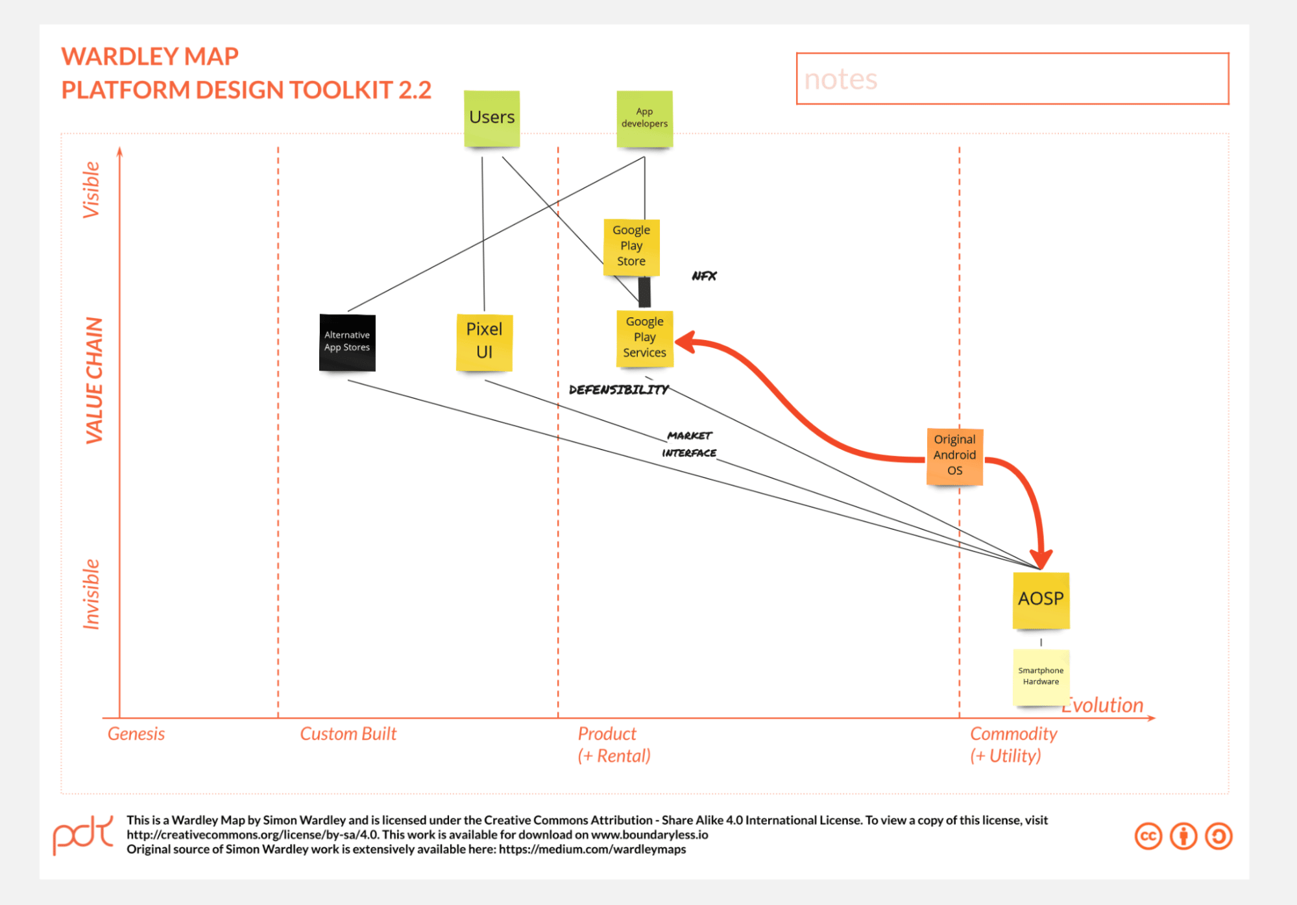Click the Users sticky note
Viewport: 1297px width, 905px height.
tap(492, 118)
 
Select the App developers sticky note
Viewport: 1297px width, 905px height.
tap(644, 118)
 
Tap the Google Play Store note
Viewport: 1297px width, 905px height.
tap(631, 246)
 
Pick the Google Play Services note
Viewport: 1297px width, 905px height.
tap(644, 337)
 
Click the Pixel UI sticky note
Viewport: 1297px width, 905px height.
tap(484, 341)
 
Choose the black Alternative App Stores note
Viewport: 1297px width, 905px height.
tap(347, 342)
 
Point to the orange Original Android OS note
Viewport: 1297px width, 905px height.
tap(954, 455)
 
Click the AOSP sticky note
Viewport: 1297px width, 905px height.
tap(1041, 599)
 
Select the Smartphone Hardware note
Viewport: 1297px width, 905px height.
tap(1041, 676)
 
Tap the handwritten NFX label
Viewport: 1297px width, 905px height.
tap(704, 276)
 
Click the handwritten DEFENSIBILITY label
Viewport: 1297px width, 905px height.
tap(618, 390)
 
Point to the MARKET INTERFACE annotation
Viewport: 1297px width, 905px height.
tap(689, 444)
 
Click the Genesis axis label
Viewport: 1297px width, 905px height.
tap(136, 734)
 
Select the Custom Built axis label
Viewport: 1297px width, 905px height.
tap(348, 734)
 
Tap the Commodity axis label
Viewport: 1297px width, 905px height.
tap(1013, 734)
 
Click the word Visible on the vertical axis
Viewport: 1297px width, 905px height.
tap(91, 189)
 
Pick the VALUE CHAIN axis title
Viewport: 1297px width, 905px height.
tap(95, 381)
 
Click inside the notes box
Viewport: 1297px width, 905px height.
tap(1012, 79)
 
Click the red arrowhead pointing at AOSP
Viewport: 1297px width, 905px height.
tap(1041, 558)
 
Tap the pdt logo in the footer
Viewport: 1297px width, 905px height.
tap(83, 835)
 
